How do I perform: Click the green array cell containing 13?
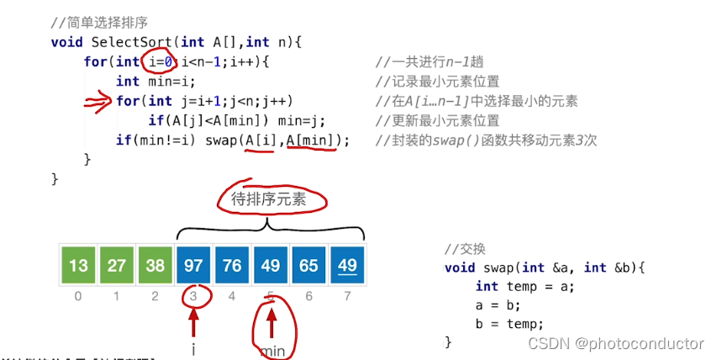[78, 266]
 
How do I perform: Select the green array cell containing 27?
[117, 266]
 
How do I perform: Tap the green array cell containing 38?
[156, 266]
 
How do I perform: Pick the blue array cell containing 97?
[193, 266]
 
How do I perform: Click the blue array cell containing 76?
[232, 266]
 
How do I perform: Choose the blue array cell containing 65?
[308, 266]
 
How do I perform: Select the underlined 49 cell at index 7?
[347, 266]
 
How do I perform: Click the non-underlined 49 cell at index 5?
[271, 266]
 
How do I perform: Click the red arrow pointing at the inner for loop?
[98, 102]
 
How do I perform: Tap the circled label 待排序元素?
[271, 199]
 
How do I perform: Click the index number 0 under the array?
[78, 296]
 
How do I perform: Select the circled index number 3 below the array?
[193, 296]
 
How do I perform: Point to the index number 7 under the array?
[347, 296]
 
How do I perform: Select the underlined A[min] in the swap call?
[311, 140]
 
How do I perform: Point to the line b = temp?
[509, 324]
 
